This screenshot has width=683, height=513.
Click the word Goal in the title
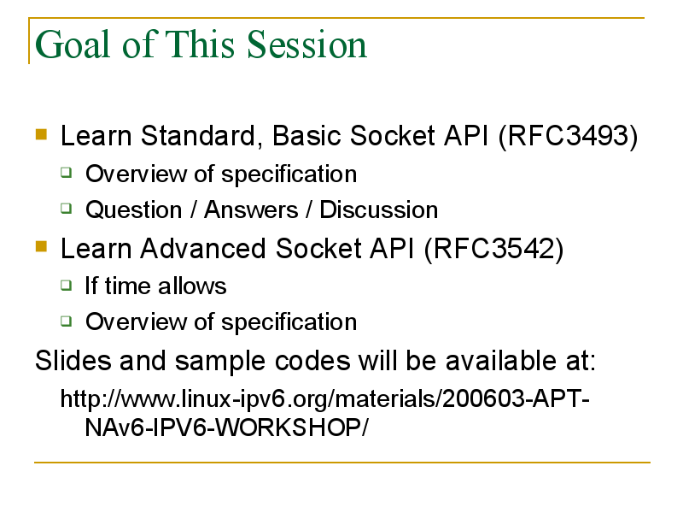tap(73, 44)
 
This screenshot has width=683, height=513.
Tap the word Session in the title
tap(306, 44)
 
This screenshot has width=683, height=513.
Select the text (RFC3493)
tap(568, 136)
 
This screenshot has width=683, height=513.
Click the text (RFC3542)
tap(493, 249)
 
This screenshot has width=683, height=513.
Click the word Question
tap(134, 209)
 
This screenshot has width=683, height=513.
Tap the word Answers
tap(251, 209)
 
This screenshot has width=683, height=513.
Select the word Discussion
tap(379, 209)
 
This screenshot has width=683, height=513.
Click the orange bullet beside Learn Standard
tap(41, 133)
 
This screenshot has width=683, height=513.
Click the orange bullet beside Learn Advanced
tap(41, 246)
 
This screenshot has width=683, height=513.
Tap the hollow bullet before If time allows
tap(67, 286)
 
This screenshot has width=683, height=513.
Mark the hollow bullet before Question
tap(67, 209)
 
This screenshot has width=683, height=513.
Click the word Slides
tap(73, 361)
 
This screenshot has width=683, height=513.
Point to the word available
tap(500, 361)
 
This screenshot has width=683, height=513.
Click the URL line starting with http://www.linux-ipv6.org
tap(325, 398)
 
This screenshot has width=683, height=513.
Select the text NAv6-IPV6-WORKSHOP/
tap(226, 427)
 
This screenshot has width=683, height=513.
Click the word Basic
tap(306, 136)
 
